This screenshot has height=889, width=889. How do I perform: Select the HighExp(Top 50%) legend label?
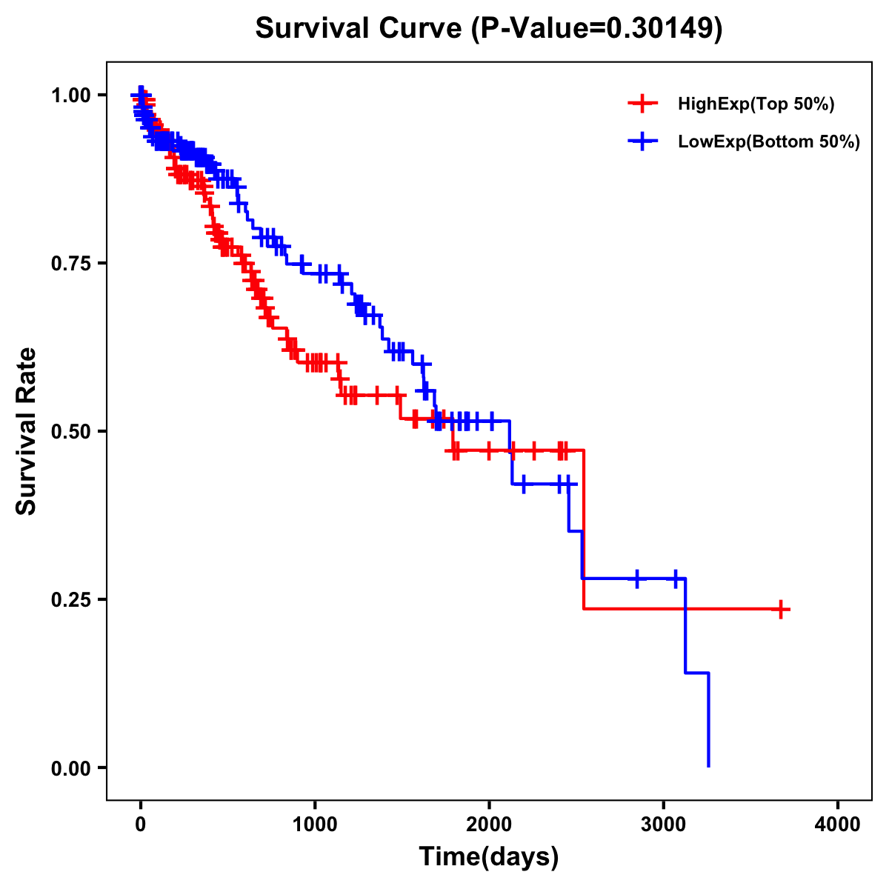pos(756,104)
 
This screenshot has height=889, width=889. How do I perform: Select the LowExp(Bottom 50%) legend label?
pos(768,141)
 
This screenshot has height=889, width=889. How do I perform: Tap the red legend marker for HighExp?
pos(642,104)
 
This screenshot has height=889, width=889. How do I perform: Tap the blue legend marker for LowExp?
pos(642,141)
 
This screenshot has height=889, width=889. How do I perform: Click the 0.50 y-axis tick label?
pos(71,431)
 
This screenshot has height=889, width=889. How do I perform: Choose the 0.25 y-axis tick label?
pos(71,599)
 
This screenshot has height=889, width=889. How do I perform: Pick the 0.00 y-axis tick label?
pos(71,768)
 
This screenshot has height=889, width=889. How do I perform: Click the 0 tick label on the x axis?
pos(141,825)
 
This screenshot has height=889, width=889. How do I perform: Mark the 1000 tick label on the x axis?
pos(315,825)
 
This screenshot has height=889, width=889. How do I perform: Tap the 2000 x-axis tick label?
pos(489,825)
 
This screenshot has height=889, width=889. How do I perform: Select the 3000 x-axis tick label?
pos(664,825)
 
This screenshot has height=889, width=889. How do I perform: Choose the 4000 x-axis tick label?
pos(838,825)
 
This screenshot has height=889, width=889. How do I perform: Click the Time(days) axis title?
pos(489,857)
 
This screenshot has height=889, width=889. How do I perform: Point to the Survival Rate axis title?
pos(27,431)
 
